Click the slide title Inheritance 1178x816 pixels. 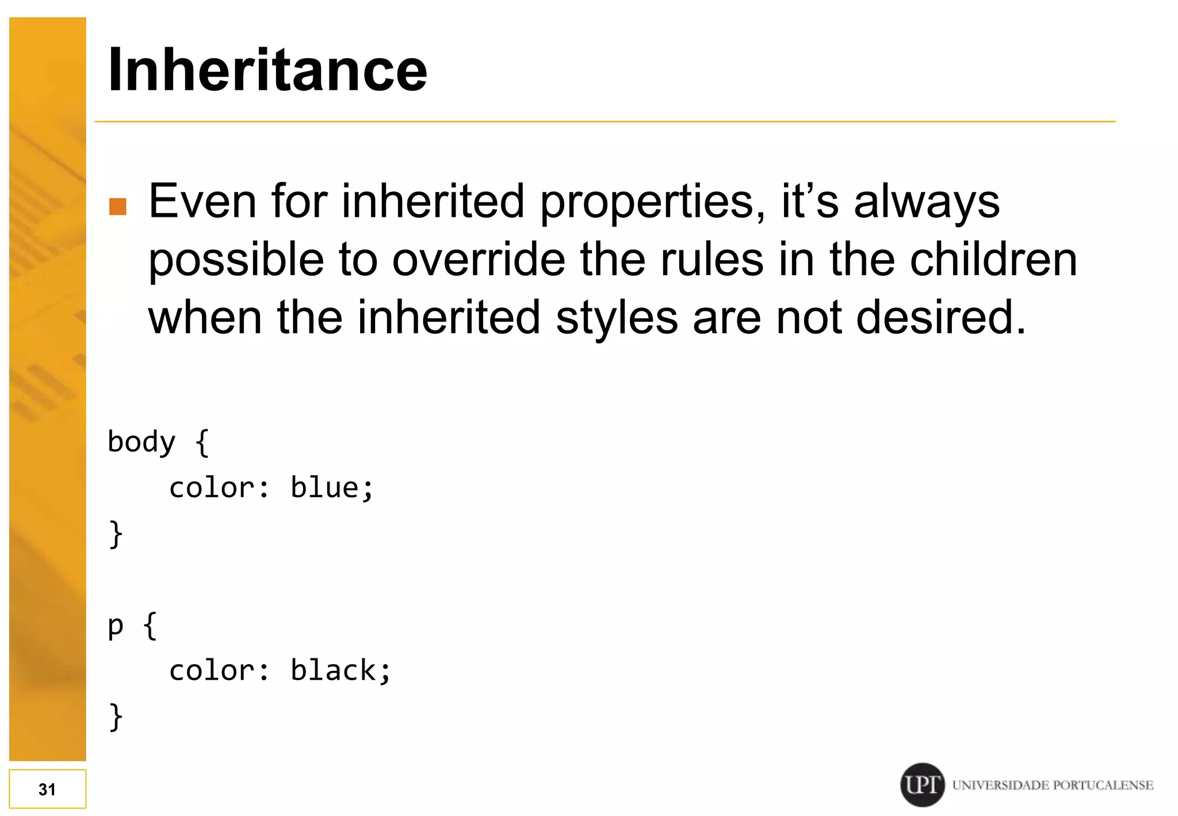[x=267, y=70]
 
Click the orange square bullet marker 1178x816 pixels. [x=118, y=206]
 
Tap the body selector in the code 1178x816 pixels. [x=141, y=443]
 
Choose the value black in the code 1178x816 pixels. [x=333, y=670]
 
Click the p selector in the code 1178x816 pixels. [x=116, y=626]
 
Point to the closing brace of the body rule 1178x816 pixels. [x=116, y=534]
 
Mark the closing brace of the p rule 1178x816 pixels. [x=116, y=717]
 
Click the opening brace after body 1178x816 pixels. [x=202, y=443]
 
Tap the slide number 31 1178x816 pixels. [x=47, y=789]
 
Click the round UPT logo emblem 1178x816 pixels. [x=922, y=784]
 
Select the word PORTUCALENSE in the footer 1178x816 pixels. [x=1104, y=785]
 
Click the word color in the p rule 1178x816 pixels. [x=212, y=670]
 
